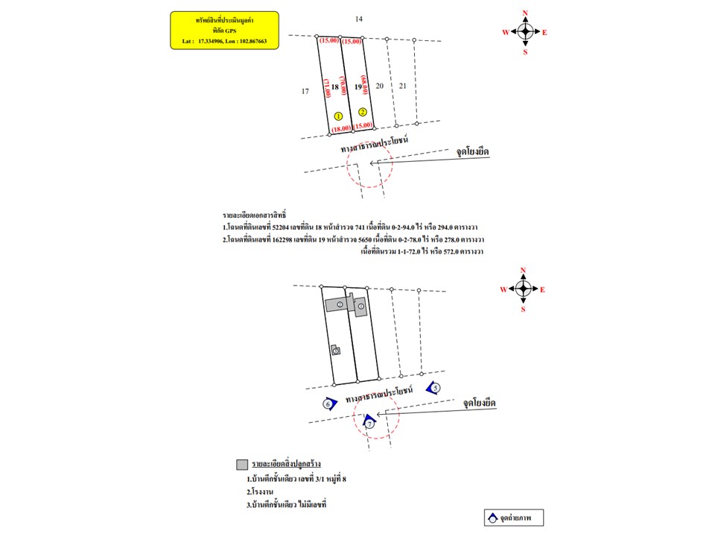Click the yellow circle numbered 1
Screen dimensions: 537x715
coord(338,116)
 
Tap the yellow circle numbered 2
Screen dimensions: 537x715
coord(362,112)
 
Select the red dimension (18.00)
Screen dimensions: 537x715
coord(341,128)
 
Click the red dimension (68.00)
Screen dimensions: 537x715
coord(364,86)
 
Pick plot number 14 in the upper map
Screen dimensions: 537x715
coord(359,18)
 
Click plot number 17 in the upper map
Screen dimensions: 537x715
coord(305,91)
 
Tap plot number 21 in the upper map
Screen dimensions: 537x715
coord(403,87)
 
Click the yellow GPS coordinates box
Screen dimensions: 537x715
coord(224,30)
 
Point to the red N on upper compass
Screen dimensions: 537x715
coord(525,13)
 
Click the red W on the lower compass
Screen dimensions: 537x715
coord(504,289)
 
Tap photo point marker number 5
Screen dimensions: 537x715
coord(435,387)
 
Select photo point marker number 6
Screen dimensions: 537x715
coord(328,404)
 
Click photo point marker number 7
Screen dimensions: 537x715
coord(369,423)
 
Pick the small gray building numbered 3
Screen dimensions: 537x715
coord(336,349)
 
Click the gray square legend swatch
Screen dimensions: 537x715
coord(241,464)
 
